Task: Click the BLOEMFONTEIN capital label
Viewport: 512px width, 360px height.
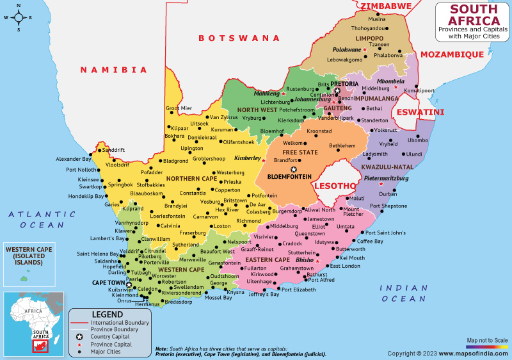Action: pos(289,176)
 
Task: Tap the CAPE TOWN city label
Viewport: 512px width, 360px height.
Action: pos(108,282)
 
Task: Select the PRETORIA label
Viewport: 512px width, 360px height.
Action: pos(344,83)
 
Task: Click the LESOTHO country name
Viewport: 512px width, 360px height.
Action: pos(333,186)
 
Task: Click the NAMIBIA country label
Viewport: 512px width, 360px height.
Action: pos(113,69)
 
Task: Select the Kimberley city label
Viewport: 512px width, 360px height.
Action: pos(246,158)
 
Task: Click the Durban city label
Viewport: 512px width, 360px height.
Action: pos(388,193)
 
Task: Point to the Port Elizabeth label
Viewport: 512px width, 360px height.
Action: pos(299,290)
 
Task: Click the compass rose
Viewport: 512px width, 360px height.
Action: pos(19,17)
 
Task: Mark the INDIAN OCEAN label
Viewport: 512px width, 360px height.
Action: pos(403,293)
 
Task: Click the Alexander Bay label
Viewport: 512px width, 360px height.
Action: pos(73,158)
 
